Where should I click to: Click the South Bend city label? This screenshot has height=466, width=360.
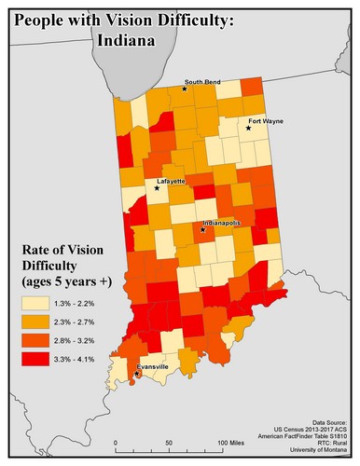(201, 81)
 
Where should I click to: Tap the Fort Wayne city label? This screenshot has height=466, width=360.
(265, 122)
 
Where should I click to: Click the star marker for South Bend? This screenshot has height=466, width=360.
(185, 89)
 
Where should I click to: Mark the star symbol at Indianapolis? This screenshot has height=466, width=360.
(202, 230)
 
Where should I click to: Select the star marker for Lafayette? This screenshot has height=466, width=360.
(157, 187)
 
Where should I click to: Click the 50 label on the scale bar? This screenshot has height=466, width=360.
(169, 442)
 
